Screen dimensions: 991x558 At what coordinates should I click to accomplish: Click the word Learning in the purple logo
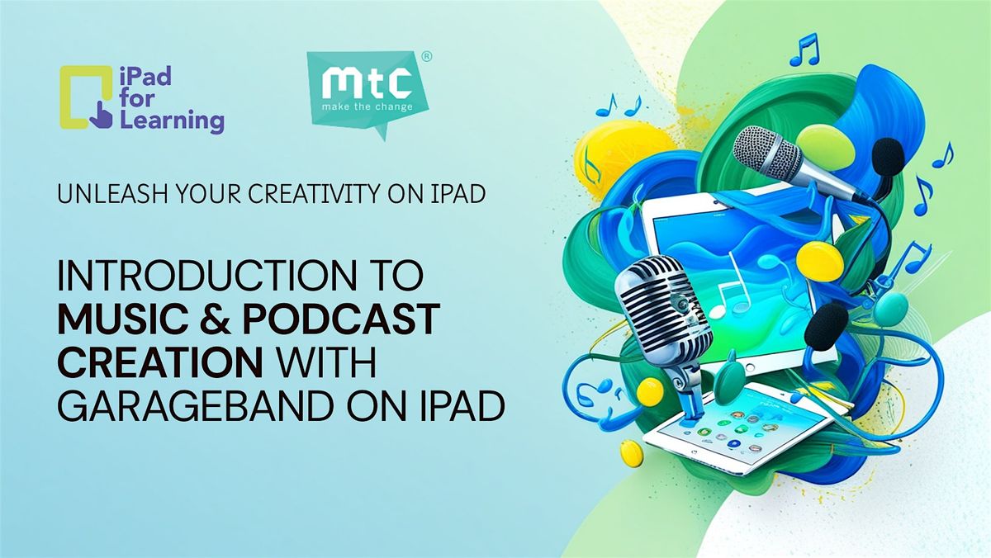click(172, 121)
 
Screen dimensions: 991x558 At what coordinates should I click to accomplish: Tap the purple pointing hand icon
click(101, 116)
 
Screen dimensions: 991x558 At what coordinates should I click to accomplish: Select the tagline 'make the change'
click(367, 107)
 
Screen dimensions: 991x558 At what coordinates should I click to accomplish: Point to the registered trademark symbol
click(426, 57)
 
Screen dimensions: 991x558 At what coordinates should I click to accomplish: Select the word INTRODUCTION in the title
click(206, 275)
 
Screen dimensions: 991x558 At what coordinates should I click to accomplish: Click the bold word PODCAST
click(341, 319)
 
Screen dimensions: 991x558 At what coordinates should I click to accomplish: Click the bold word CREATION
click(160, 362)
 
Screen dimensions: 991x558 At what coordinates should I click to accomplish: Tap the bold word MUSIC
click(122, 319)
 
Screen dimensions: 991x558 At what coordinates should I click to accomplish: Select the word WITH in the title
click(326, 362)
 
